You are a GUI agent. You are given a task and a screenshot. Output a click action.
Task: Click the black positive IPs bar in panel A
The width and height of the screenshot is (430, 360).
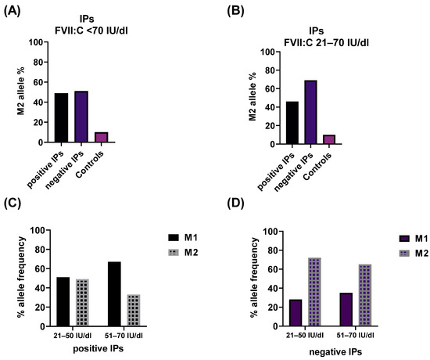[x=61, y=117]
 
